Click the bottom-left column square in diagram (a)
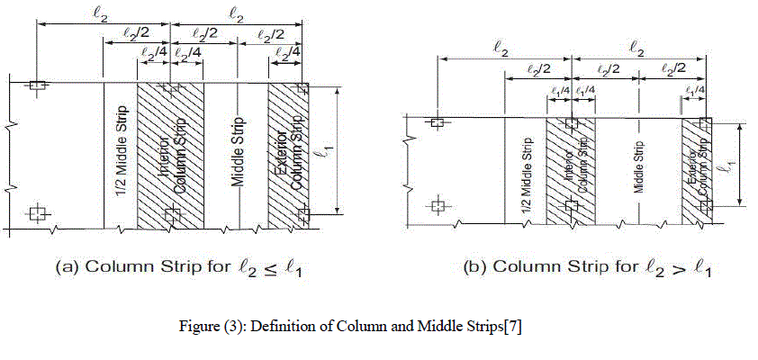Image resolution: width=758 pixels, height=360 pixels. click(36, 213)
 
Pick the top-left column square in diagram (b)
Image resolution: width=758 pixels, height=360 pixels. click(438, 123)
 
